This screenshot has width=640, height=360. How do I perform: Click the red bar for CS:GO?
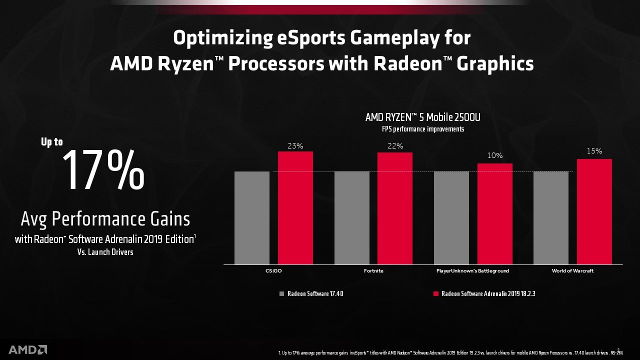(295, 207)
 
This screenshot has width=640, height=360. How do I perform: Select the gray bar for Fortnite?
(351, 217)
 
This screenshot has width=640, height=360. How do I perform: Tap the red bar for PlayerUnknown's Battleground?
(495, 213)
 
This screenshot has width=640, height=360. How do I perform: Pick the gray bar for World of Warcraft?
(551, 217)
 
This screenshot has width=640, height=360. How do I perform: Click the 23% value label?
(295, 146)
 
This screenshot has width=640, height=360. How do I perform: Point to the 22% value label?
(395, 145)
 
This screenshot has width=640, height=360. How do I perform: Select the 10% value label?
(495, 156)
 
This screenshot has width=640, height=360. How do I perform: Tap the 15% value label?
(594, 151)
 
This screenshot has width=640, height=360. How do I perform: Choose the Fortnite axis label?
(373, 271)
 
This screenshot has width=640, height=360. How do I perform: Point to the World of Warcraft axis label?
(573, 271)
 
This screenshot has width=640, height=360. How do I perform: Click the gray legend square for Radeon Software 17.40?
(281, 294)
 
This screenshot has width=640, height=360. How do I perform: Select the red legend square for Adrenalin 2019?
(435, 294)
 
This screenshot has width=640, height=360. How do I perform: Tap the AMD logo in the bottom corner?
(27, 349)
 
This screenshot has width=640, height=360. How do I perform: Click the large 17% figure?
(103, 171)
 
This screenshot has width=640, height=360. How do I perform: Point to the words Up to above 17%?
(52, 142)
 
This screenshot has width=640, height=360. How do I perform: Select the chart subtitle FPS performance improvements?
(423, 129)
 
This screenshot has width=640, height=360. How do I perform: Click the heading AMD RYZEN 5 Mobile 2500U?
(423, 118)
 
